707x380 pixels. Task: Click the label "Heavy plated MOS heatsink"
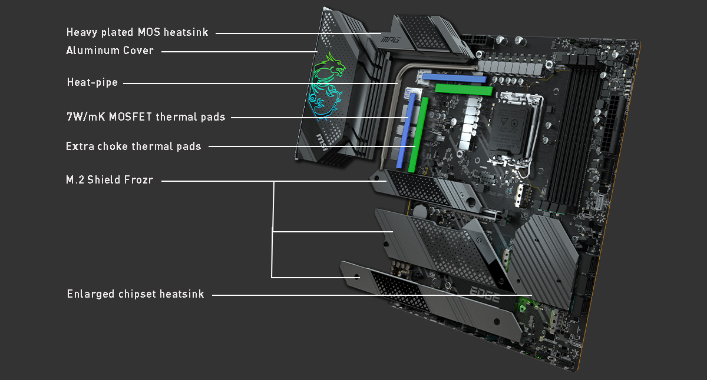click(x=137, y=32)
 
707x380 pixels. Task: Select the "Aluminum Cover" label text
click(x=110, y=51)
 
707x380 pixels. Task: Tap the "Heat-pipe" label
click(x=92, y=82)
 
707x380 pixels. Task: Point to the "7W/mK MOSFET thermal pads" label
click(x=146, y=117)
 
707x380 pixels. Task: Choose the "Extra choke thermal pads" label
click(x=133, y=146)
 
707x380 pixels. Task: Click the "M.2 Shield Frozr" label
click(x=110, y=180)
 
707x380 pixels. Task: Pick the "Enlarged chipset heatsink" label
click(x=136, y=294)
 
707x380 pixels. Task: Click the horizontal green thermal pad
click(x=463, y=89)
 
